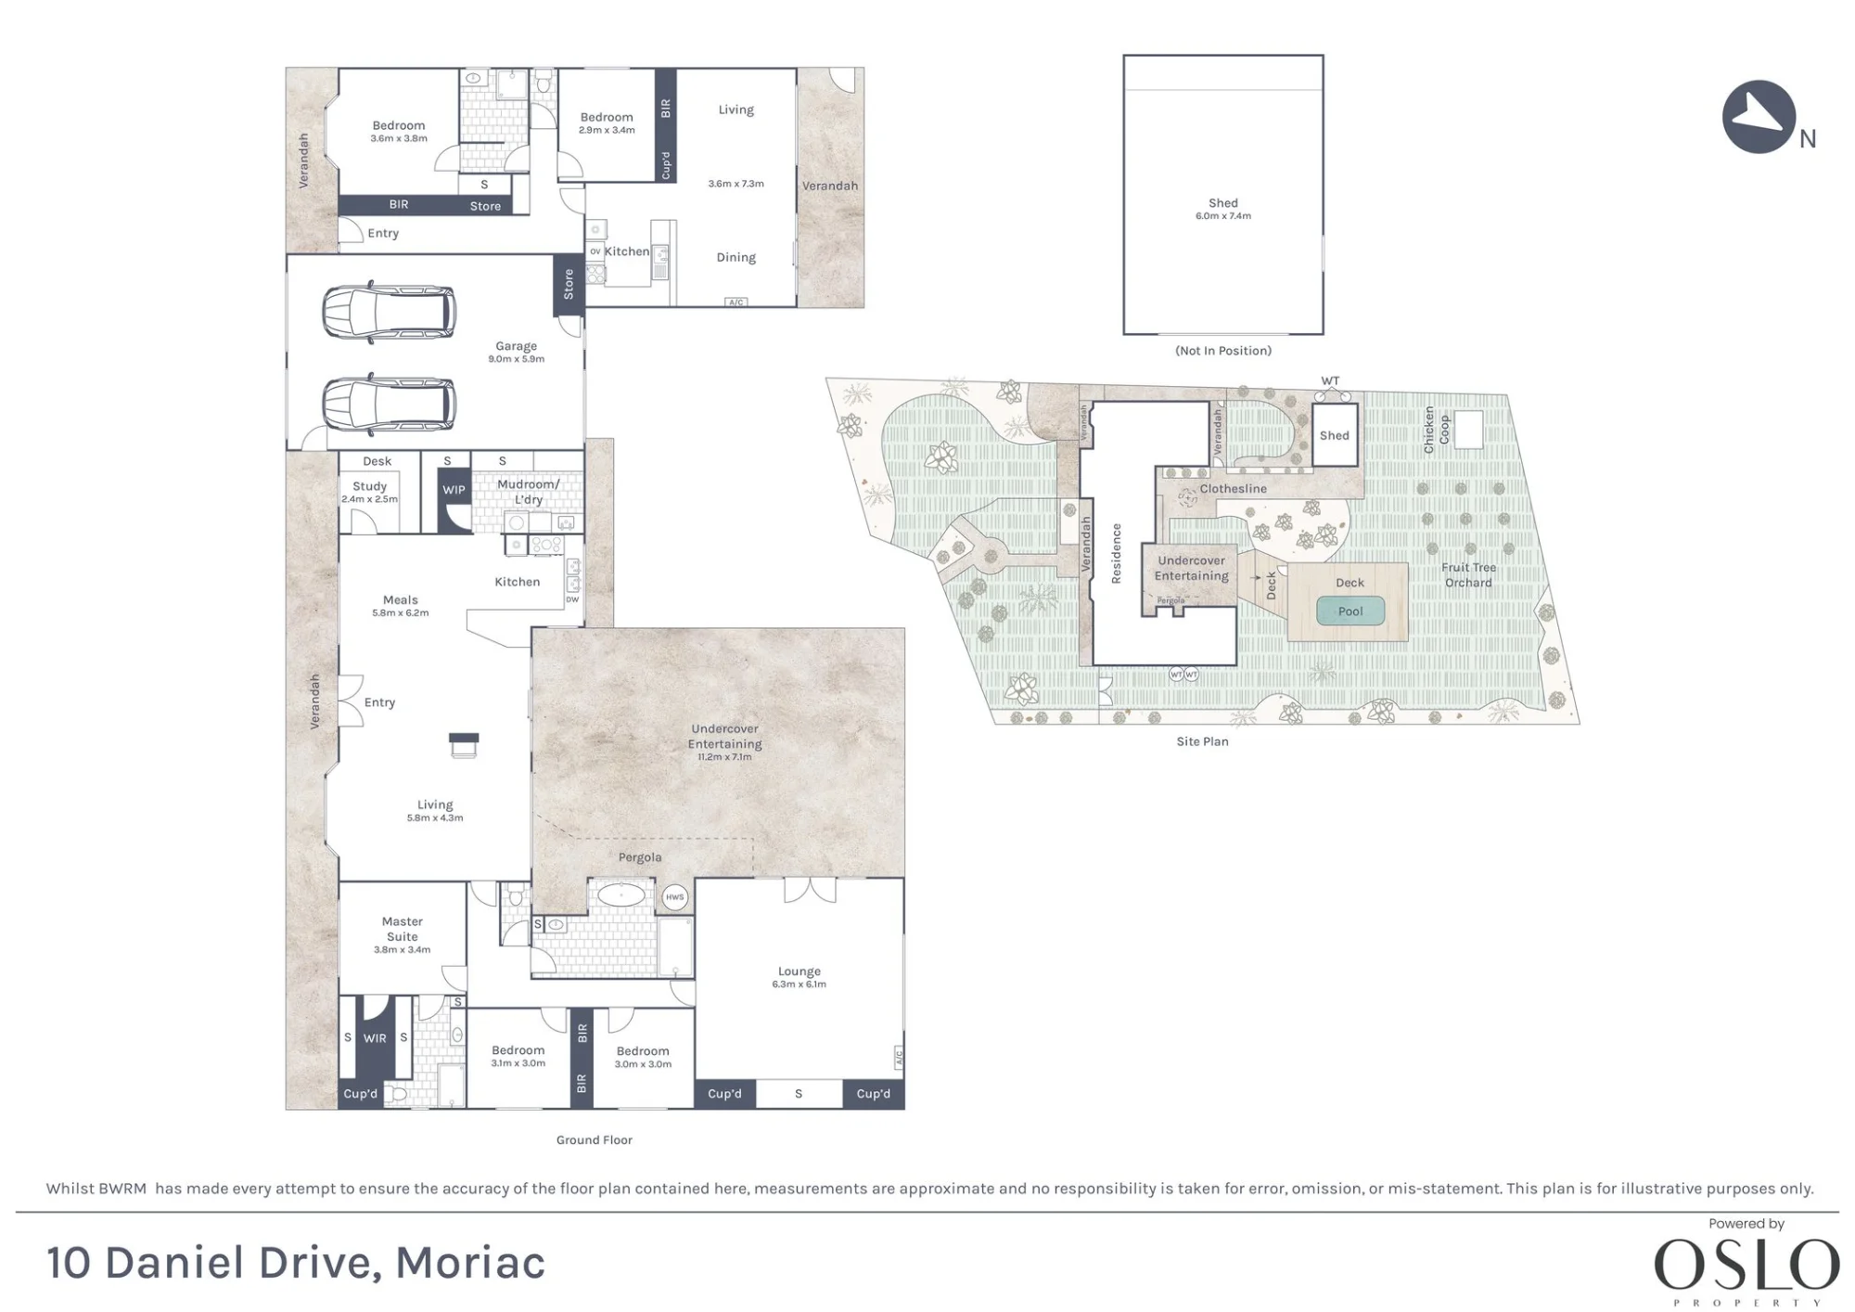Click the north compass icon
(1759, 117)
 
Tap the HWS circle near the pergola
(674, 897)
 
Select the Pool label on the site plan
(1350, 611)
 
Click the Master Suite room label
(403, 929)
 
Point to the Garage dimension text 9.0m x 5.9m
(517, 359)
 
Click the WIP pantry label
(454, 490)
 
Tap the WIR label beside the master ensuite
(375, 1038)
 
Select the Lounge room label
(800, 971)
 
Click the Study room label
(369, 486)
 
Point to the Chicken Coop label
(1437, 430)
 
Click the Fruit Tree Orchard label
(1469, 575)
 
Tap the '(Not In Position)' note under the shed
(1223, 351)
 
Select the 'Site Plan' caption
(1203, 741)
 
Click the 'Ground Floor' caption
(595, 1140)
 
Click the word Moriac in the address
(470, 1263)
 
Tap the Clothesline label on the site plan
(1234, 489)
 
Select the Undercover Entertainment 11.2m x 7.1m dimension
(725, 757)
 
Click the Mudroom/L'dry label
(529, 492)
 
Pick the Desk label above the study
(377, 461)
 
